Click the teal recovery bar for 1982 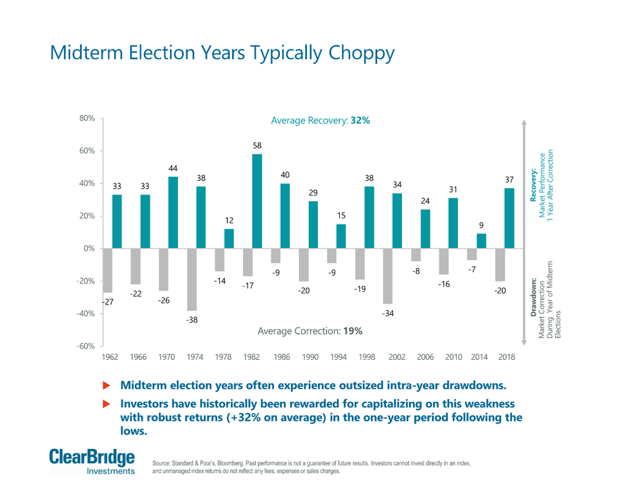pyautogui.click(x=257, y=201)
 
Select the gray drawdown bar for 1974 pyautogui.click(x=192, y=279)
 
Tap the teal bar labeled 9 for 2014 pyautogui.click(x=481, y=241)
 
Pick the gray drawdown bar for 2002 pyautogui.click(x=388, y=276)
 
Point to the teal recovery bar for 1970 pyautogui.click(x=173, y=213)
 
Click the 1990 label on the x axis pyautogui.click(x=310, y=357)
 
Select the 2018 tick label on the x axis pyautogui.click(x=507, y=357)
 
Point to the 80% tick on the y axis pyautogui.click(x=87, y=118)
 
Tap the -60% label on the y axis pyautogui.click(x=85, y=346)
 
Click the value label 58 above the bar pyautogui.click(x=257, y=146)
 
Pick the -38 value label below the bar pyautogui.click(x=192, y=320)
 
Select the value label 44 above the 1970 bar pyautogui.click(x=173, y=168)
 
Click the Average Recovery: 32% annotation pyautogui.click(x=320, y=120)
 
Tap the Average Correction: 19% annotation pyautogui.click(x=310, y=331)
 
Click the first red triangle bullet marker pyautogui.click(x=106, y=385)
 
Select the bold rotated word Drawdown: pyautogui.click(x=533, y=297)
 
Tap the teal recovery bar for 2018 pyautogui.click(x=509, y=218)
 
